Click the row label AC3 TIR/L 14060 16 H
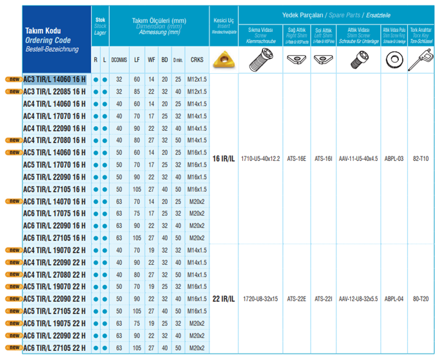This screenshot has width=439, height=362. pyautogui.click(x=54, y=79)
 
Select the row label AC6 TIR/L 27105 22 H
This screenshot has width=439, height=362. pyautogui.click(x=54, y=347)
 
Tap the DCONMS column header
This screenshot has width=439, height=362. pyautogui.click(x=120, y=60)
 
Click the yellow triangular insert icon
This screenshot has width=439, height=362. pyautogui.click(x=223, y=59)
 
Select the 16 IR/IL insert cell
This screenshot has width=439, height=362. pyautogui.click(x=223, y=158)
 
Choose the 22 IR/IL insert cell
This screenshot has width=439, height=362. pyautogui.click(x=223, y=299)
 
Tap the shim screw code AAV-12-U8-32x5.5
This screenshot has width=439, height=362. pyautogui.click(x=358, y=299)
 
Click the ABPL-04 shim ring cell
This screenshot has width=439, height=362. pyautogui.click(x=393, y=299)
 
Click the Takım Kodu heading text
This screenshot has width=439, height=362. pyautogui.click(x=42, y=30)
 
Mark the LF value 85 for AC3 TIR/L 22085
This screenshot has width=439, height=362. pyautogui.click(x=136, y=91)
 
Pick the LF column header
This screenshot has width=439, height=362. pyautogui.click(x=136, y=60)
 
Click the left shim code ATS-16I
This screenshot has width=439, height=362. pyautogui.click(x=323, y=158)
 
